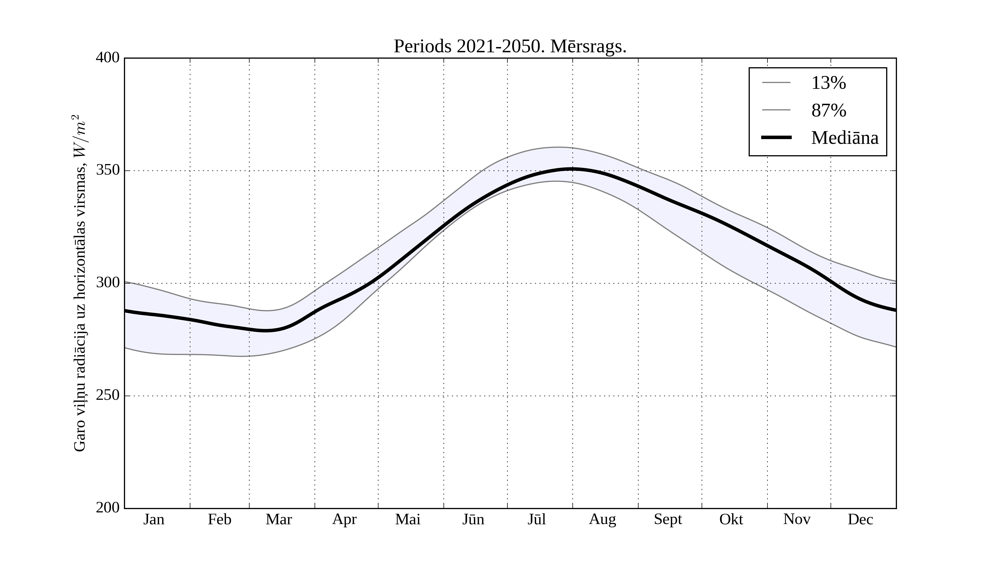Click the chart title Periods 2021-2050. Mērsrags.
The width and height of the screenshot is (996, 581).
510,47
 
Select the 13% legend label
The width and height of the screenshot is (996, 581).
828,83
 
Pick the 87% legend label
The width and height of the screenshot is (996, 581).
828,110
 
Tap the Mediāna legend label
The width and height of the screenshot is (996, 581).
845,138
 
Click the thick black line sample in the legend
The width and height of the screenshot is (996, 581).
776,138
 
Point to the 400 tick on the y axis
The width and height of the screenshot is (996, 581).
108,58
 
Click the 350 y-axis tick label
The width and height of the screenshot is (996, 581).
108,170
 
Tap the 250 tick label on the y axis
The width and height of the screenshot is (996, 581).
108,395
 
